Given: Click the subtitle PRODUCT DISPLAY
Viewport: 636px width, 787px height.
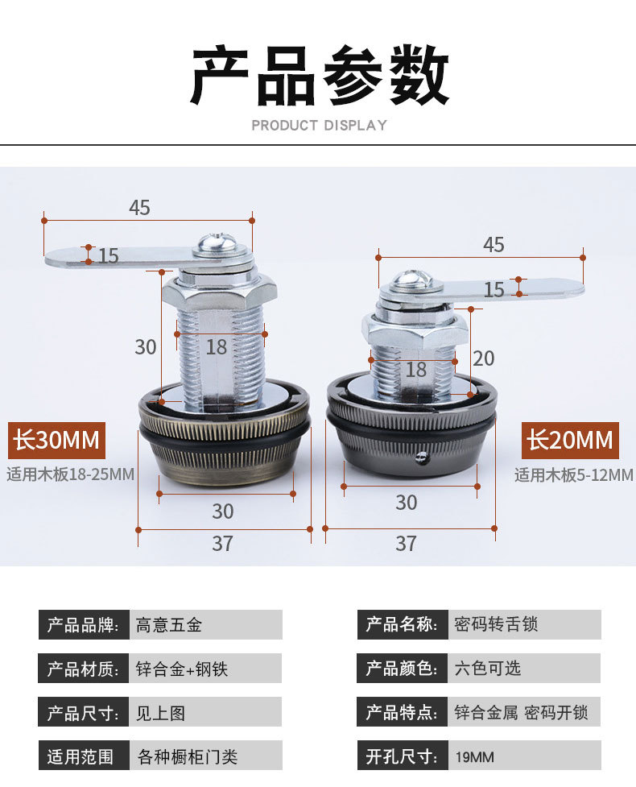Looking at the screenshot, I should [x=319, y=126].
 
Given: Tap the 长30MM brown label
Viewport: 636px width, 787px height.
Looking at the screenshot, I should [x=56, y=441].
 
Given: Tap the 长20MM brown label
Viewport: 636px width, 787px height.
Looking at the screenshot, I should [x=570, y=441].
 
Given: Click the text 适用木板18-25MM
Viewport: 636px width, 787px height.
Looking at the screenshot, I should [x=71, y=474].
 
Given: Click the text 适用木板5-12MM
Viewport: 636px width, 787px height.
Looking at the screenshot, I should [x=574, y=475].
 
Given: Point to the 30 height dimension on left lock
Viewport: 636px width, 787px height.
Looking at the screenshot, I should [x=146, y=346].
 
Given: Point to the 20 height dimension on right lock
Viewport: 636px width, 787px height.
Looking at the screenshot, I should [x=483, y=358].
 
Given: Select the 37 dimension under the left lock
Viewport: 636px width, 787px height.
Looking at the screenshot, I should [x=223, y=544].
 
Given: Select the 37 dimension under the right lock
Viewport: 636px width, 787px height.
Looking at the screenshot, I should [x=406, y=544].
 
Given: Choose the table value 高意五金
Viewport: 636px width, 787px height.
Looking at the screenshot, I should [x=169, y=625].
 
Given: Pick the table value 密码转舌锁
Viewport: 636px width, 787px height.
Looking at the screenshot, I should [x=496, y=624].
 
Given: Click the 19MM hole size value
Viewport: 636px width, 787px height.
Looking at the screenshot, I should [x=475, y=756].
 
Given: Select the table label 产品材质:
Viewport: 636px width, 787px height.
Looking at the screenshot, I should [x=84, y=669].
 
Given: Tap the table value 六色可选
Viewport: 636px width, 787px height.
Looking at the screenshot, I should [x=487, y=668].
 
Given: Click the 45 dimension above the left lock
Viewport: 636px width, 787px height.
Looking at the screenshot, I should [x=139, y=208].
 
